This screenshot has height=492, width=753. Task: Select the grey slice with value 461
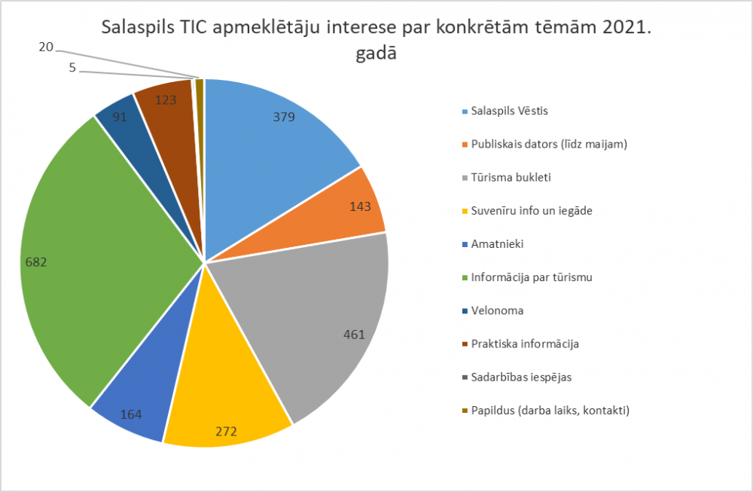324,324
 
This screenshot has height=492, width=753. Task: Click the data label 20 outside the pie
46,47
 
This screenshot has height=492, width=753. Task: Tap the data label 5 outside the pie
72,67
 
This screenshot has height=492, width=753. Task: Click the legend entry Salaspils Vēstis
510,111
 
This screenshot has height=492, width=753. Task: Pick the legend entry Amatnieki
497,244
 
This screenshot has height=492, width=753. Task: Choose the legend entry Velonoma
497,310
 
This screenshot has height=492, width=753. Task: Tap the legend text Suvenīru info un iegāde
532,210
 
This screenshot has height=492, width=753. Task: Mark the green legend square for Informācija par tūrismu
464,278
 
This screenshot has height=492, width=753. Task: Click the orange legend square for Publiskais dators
464,145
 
